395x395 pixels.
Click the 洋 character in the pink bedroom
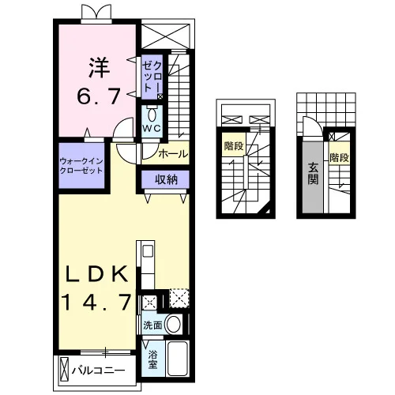click(99, 68)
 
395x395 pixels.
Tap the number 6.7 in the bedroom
click(99, 96)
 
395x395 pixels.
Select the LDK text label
click(96, 274)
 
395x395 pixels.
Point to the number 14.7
click(96, 302)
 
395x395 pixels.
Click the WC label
click(152, 128)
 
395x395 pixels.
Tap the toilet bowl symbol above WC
click(152, 114)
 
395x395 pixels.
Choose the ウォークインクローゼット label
click(81, 166)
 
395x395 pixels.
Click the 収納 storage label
click(166, 179)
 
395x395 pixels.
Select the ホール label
click(173, 153)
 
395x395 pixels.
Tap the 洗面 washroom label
click(152, 325)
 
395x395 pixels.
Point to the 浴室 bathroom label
click(152, 359)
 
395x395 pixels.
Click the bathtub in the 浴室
click(178, 359)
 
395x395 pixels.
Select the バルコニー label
click(98, 371)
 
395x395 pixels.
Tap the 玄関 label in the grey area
click(313, 174)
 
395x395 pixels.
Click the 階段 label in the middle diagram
click(234, 145)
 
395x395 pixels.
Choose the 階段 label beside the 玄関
click(340, 157)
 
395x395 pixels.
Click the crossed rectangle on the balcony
click(65, 370)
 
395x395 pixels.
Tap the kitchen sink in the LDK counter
click(148, 250)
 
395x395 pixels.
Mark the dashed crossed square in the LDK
click(179, 299)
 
